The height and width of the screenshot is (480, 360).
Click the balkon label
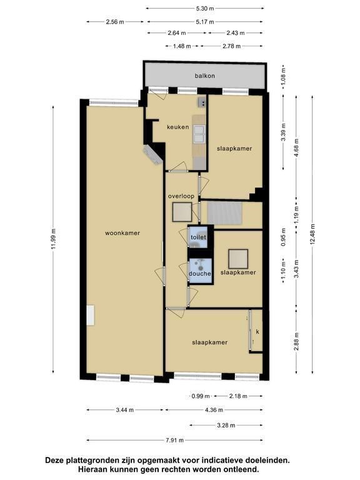(205, 76)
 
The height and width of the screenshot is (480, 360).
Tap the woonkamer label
(122, 233)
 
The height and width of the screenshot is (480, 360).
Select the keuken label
(178, 127)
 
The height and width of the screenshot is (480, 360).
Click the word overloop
(181, 196)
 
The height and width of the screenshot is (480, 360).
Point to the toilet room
(197, 237)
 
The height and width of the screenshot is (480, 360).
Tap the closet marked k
(257, 331)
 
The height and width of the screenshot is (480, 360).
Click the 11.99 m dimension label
(53, 239)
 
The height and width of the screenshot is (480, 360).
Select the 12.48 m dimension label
(312, 235)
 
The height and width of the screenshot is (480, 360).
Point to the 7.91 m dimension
(175, 440)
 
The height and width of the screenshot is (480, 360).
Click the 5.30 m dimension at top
(205, 9)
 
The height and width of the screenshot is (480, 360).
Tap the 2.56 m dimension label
(115, 22)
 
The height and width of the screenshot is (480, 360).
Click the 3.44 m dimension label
(125, 410)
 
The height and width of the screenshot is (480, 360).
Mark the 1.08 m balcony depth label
(283, 76)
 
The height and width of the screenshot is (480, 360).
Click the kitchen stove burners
(202, 101)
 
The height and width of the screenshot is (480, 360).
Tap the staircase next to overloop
(225, 212)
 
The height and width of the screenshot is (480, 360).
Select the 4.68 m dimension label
(296, 148)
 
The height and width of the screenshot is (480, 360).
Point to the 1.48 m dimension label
(182, 46)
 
